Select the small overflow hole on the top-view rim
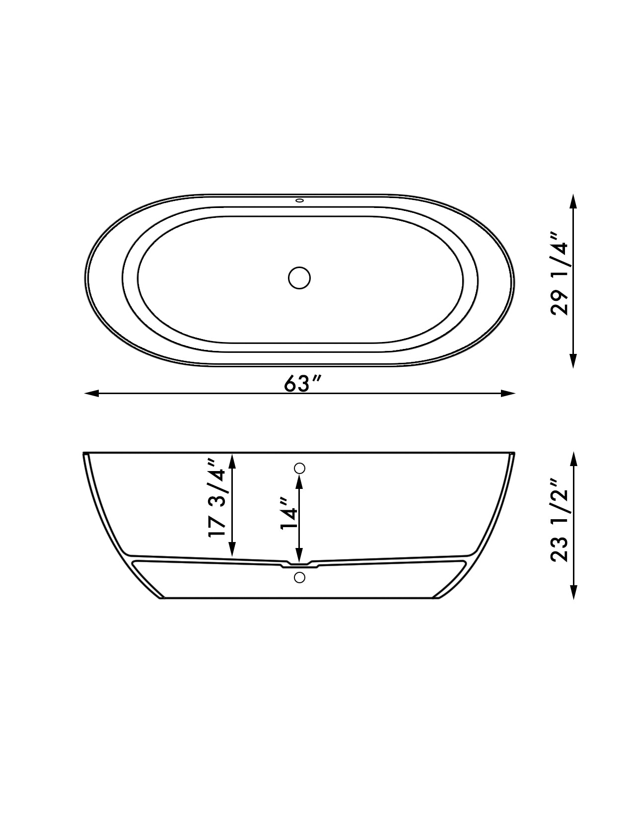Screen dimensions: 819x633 pos(299,201)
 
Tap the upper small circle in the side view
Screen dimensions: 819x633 pos(299,468)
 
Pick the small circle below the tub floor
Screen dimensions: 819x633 pos(299,577)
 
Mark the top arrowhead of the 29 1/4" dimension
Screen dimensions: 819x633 pos(573,201)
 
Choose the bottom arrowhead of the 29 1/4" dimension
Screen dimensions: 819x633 pos(573,361)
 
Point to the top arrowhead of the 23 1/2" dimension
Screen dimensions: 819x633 pos(573,459)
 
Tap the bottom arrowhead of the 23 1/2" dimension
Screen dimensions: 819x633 pos(573,593)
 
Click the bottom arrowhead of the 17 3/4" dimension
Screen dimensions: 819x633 pos(231,549)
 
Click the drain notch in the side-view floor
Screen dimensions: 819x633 pos(299,564)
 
